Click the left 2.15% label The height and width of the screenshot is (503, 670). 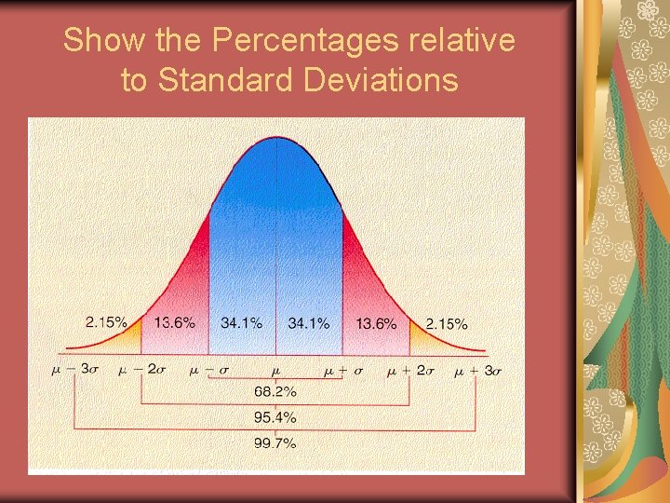[x=106, y=322]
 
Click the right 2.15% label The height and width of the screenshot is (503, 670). [x=447, y=323]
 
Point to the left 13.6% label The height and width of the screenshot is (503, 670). [x=175, y=322]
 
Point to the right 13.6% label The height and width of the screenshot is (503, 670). [x=376, y=323]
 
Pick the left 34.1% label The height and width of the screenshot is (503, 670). [x=241, y=323]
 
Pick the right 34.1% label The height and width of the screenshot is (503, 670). [x=309, y=323]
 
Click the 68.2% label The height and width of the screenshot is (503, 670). [x=275, y=391]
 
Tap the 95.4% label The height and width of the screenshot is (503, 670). [x=275, y=417]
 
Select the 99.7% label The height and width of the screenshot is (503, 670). [x=275, y=443]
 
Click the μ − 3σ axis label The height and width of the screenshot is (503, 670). [x=75, y=370]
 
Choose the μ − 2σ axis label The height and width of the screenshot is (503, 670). [x=142, y=370]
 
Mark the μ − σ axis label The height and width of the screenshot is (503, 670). [x=208, y=370]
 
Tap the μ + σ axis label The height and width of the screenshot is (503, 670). [x=342, y=370]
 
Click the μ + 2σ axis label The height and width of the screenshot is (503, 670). [x=410, y=370]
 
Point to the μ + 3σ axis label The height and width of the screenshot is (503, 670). [x=478, y=370]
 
